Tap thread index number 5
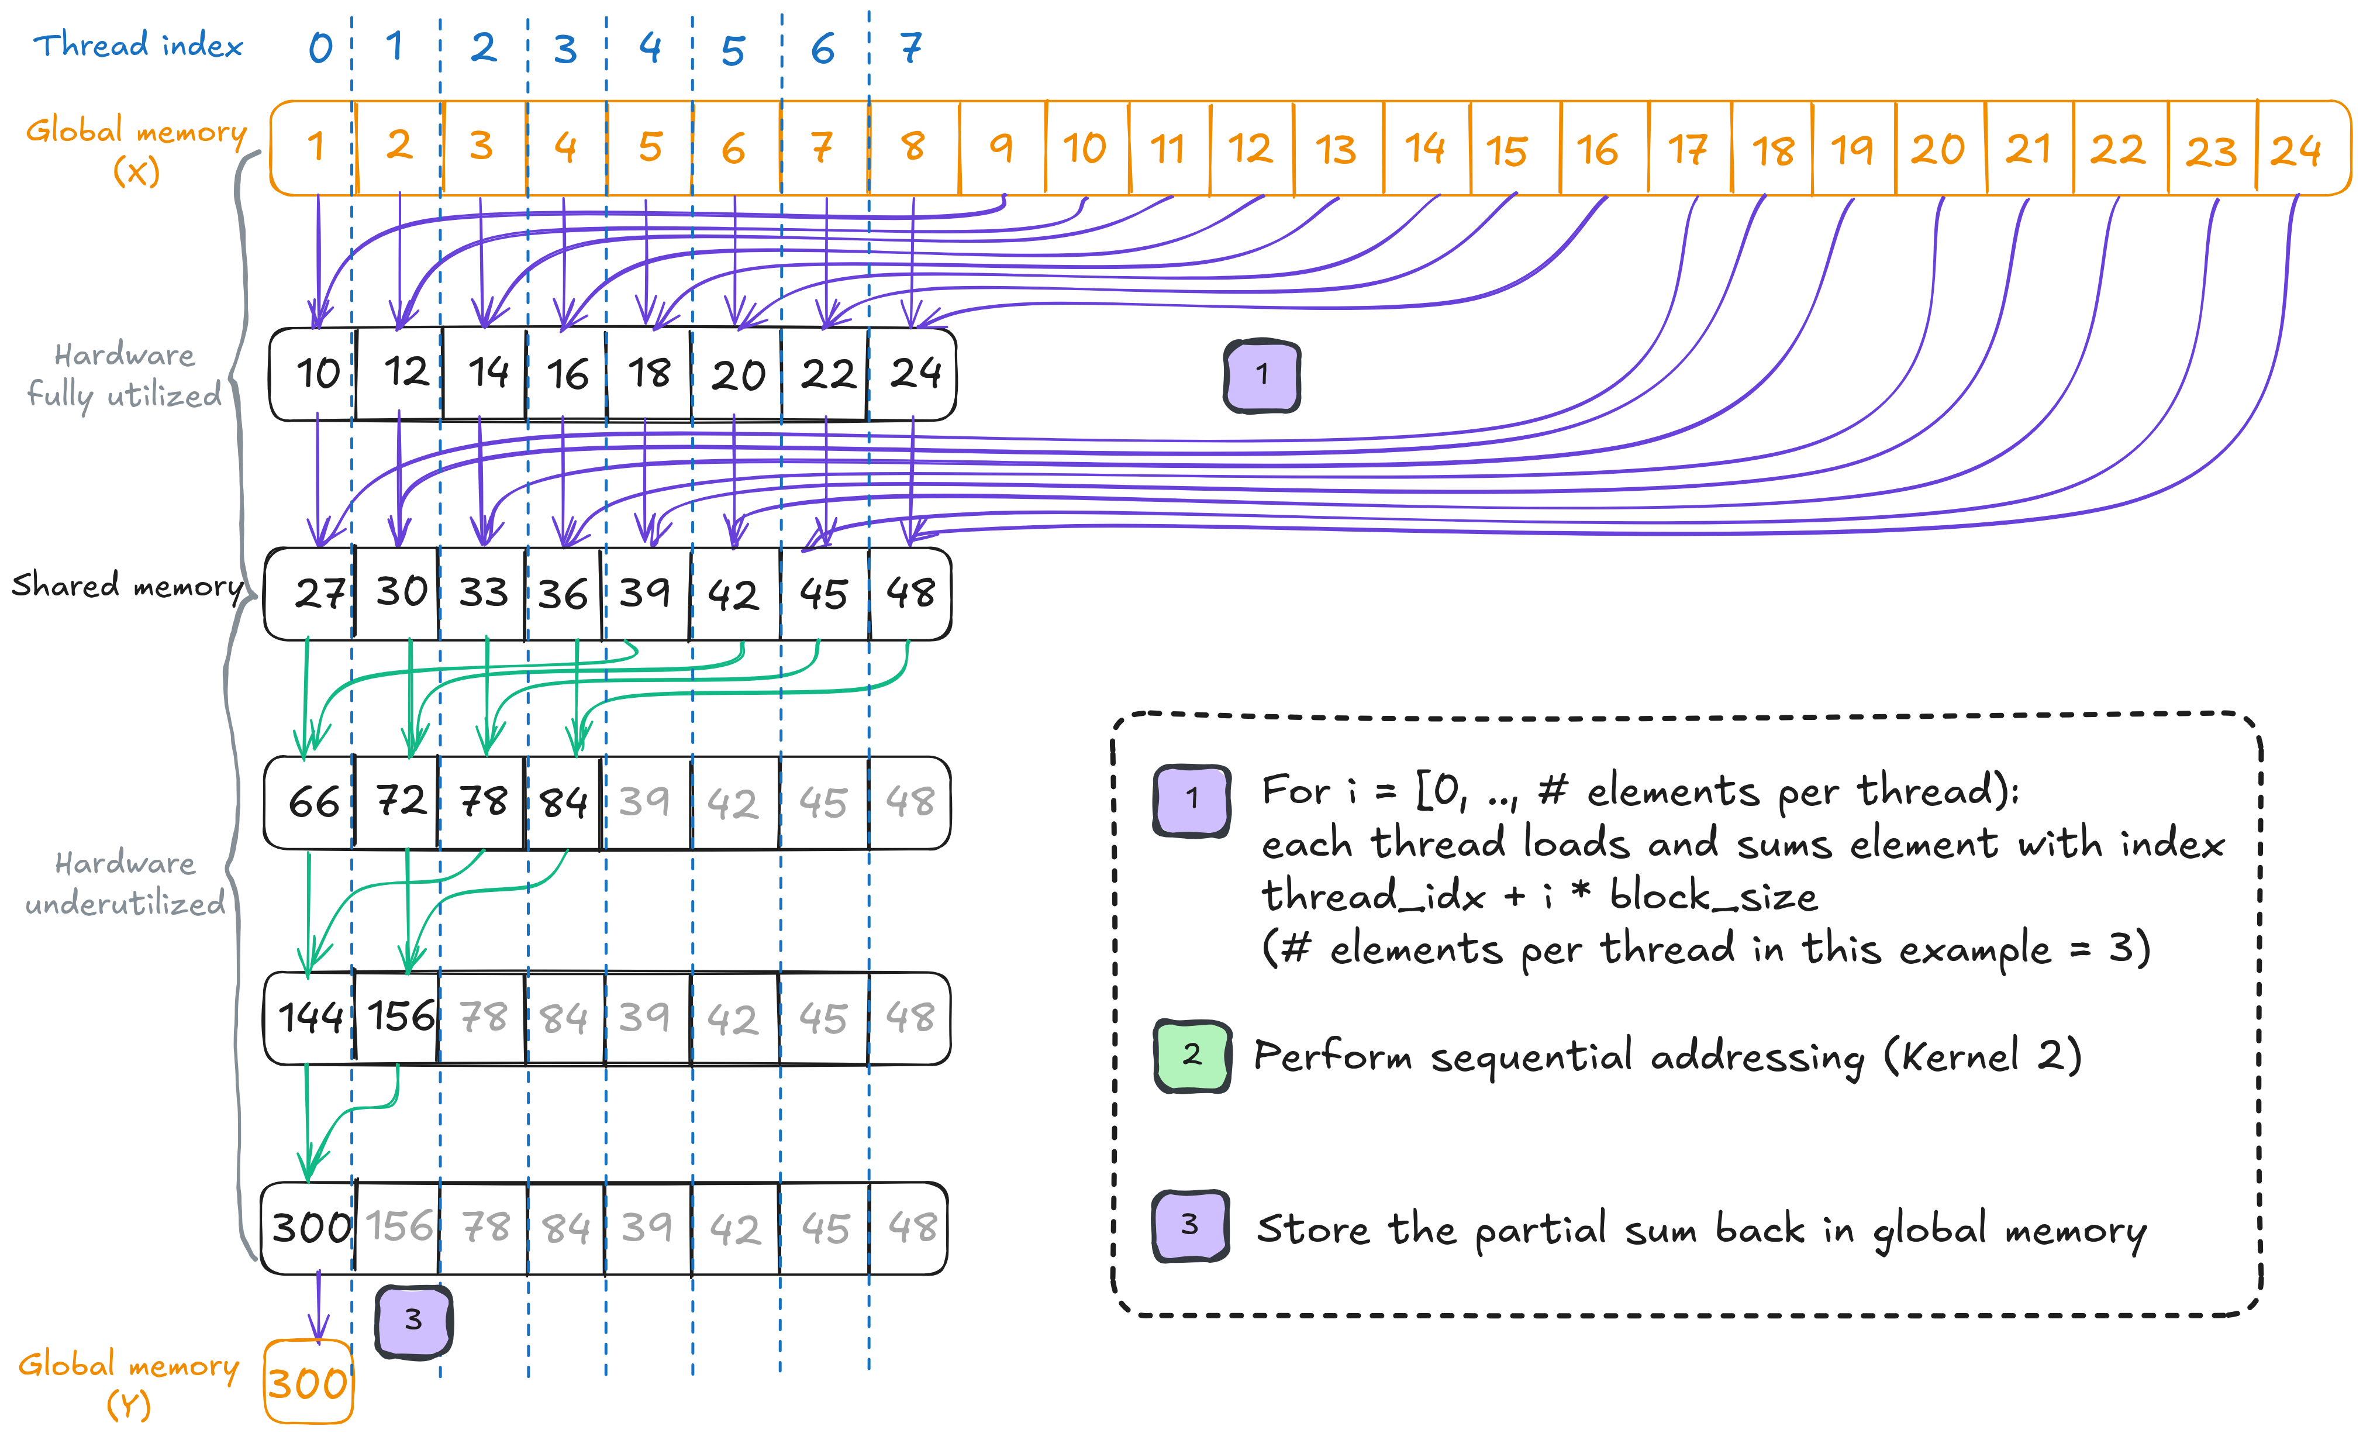(x=734, y=48)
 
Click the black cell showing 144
(x=310, y=1018)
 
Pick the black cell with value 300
(x=311, y=1228)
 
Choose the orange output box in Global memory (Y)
(x=308, y=1383)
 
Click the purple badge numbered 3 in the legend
(x=1190, y=1225)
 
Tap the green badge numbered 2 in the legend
(x=1192, y=1055)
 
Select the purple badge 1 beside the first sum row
(x=1262, y=375)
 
